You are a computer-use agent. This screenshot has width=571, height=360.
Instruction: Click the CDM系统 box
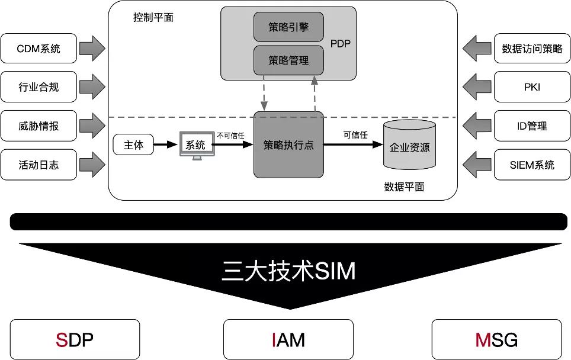[39, 49]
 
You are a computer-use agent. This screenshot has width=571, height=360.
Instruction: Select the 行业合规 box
[39, 88]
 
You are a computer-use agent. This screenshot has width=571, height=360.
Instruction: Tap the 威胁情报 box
[39, 126]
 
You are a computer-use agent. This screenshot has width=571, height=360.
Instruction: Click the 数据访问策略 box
[532, 49]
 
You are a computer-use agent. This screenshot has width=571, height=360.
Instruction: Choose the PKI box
[532, 87]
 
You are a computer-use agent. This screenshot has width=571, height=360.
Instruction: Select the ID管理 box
[532, 126]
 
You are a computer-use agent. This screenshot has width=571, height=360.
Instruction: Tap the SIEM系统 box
[532, 165]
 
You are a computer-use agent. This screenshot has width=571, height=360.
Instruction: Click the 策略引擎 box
[288, 27]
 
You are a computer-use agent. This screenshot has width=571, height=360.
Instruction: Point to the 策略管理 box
[288, 60]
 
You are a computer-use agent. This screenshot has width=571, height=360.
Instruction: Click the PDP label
[340, 44]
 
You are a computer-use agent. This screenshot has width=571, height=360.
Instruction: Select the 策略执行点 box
[288, 144]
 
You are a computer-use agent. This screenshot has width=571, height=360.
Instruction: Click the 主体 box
[133, 144]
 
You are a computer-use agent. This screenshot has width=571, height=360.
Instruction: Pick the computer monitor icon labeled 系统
[195, 145]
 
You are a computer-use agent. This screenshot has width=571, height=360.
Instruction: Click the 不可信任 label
[231, 136]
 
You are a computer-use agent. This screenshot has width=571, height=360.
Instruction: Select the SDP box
[75, 339]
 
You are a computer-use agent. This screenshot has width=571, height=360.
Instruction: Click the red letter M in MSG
[481, 340]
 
